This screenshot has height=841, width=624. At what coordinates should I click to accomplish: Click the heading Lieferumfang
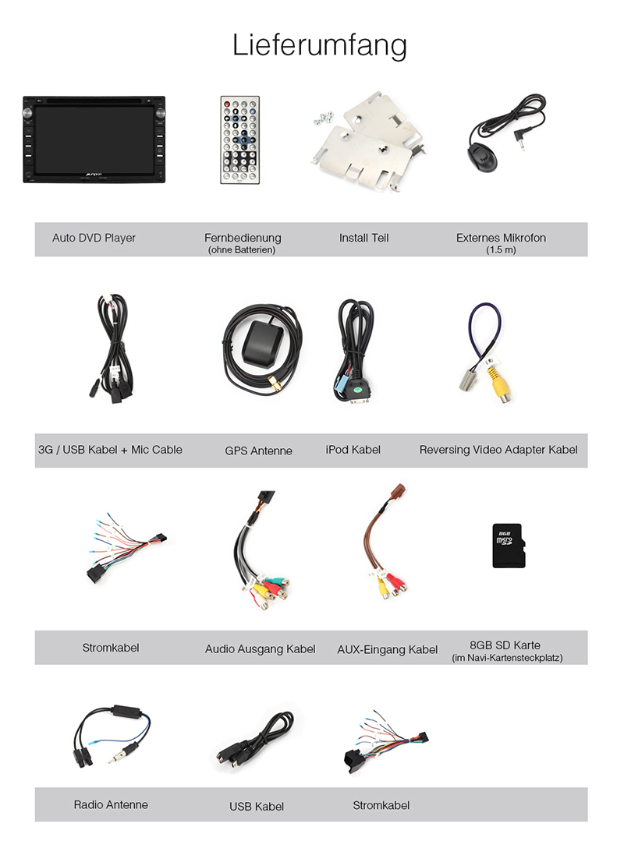(319, 45)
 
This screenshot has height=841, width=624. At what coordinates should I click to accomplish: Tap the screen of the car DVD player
(94, 140)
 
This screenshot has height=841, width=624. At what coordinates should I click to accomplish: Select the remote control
(240, 140)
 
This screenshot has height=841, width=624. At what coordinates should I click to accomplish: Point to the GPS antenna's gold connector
(276, 383)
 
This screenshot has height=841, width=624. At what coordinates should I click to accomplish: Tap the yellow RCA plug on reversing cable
(500, 384)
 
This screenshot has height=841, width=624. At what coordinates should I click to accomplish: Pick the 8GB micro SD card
(508, 546)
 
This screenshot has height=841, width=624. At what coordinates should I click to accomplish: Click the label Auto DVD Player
(94, 238)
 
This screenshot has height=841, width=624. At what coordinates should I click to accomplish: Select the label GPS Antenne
(259, 451)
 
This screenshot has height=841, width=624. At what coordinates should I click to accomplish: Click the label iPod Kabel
(353, 450)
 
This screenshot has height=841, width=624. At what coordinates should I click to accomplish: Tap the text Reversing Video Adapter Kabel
(498, 450)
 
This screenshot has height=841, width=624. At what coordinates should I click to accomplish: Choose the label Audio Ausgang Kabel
(261, 649)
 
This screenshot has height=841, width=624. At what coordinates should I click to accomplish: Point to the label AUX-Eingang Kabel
(388, 649)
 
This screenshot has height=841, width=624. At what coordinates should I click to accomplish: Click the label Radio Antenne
(111, 804)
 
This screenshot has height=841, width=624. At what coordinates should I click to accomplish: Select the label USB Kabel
(257, 806)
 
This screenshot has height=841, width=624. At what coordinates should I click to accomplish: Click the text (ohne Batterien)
(242, 250)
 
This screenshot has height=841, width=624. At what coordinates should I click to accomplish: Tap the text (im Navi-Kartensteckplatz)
(507, 658)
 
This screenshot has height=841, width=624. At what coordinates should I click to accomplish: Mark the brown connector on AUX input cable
(399, 492)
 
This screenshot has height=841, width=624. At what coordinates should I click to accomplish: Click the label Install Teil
(363, 238)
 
